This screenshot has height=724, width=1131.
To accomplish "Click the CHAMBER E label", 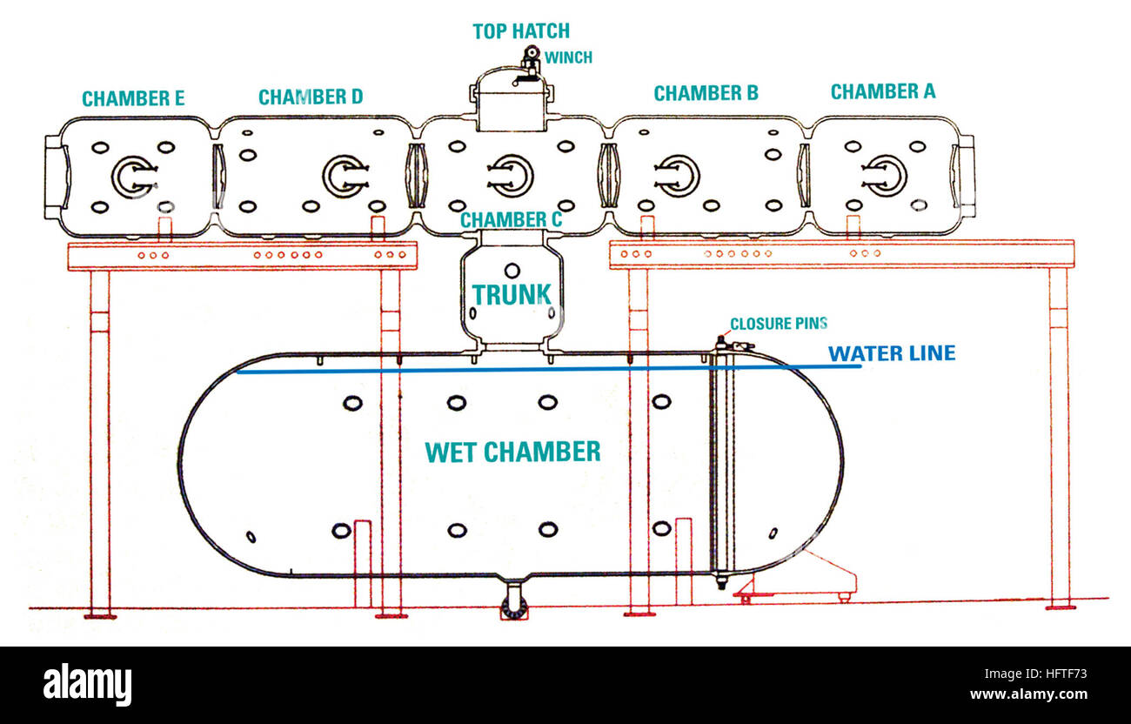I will pyautogui.click(x=133, y=98).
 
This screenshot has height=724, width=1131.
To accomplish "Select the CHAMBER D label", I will pyautogui.click(x=311, y=97).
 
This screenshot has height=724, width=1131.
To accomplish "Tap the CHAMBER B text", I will pyautogui.click(x=706, y=92).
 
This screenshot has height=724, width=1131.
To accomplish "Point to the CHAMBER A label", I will pyautogui.click(x=882, y=91).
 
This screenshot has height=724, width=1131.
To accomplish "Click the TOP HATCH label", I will pyautogui.click(x=521, y=31).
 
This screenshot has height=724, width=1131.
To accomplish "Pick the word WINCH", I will pyautogui.click(x=568, y=57).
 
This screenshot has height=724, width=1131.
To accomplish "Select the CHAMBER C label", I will pyautogui.click(x=511, y=220).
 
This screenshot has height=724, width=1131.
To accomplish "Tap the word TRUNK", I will pyautogui.click(x=512, y=294).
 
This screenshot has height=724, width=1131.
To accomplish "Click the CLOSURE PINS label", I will pyautogui.click(x=778, y=324).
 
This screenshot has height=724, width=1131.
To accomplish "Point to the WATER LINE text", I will pyautogui.click(x=891, y=353).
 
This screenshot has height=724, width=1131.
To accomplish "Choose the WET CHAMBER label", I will pyautogui.click(x=512, y=452).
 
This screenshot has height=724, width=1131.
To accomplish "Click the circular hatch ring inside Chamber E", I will pyautogui.click(x=133, y=177).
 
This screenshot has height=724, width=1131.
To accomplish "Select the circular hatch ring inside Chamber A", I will pyautogui.click(x=886, y=174).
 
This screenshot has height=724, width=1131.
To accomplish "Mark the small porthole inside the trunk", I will pyautogui.click(x=512, y=271).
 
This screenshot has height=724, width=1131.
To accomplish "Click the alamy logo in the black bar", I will pyautogui.click(x=87, y=685).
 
